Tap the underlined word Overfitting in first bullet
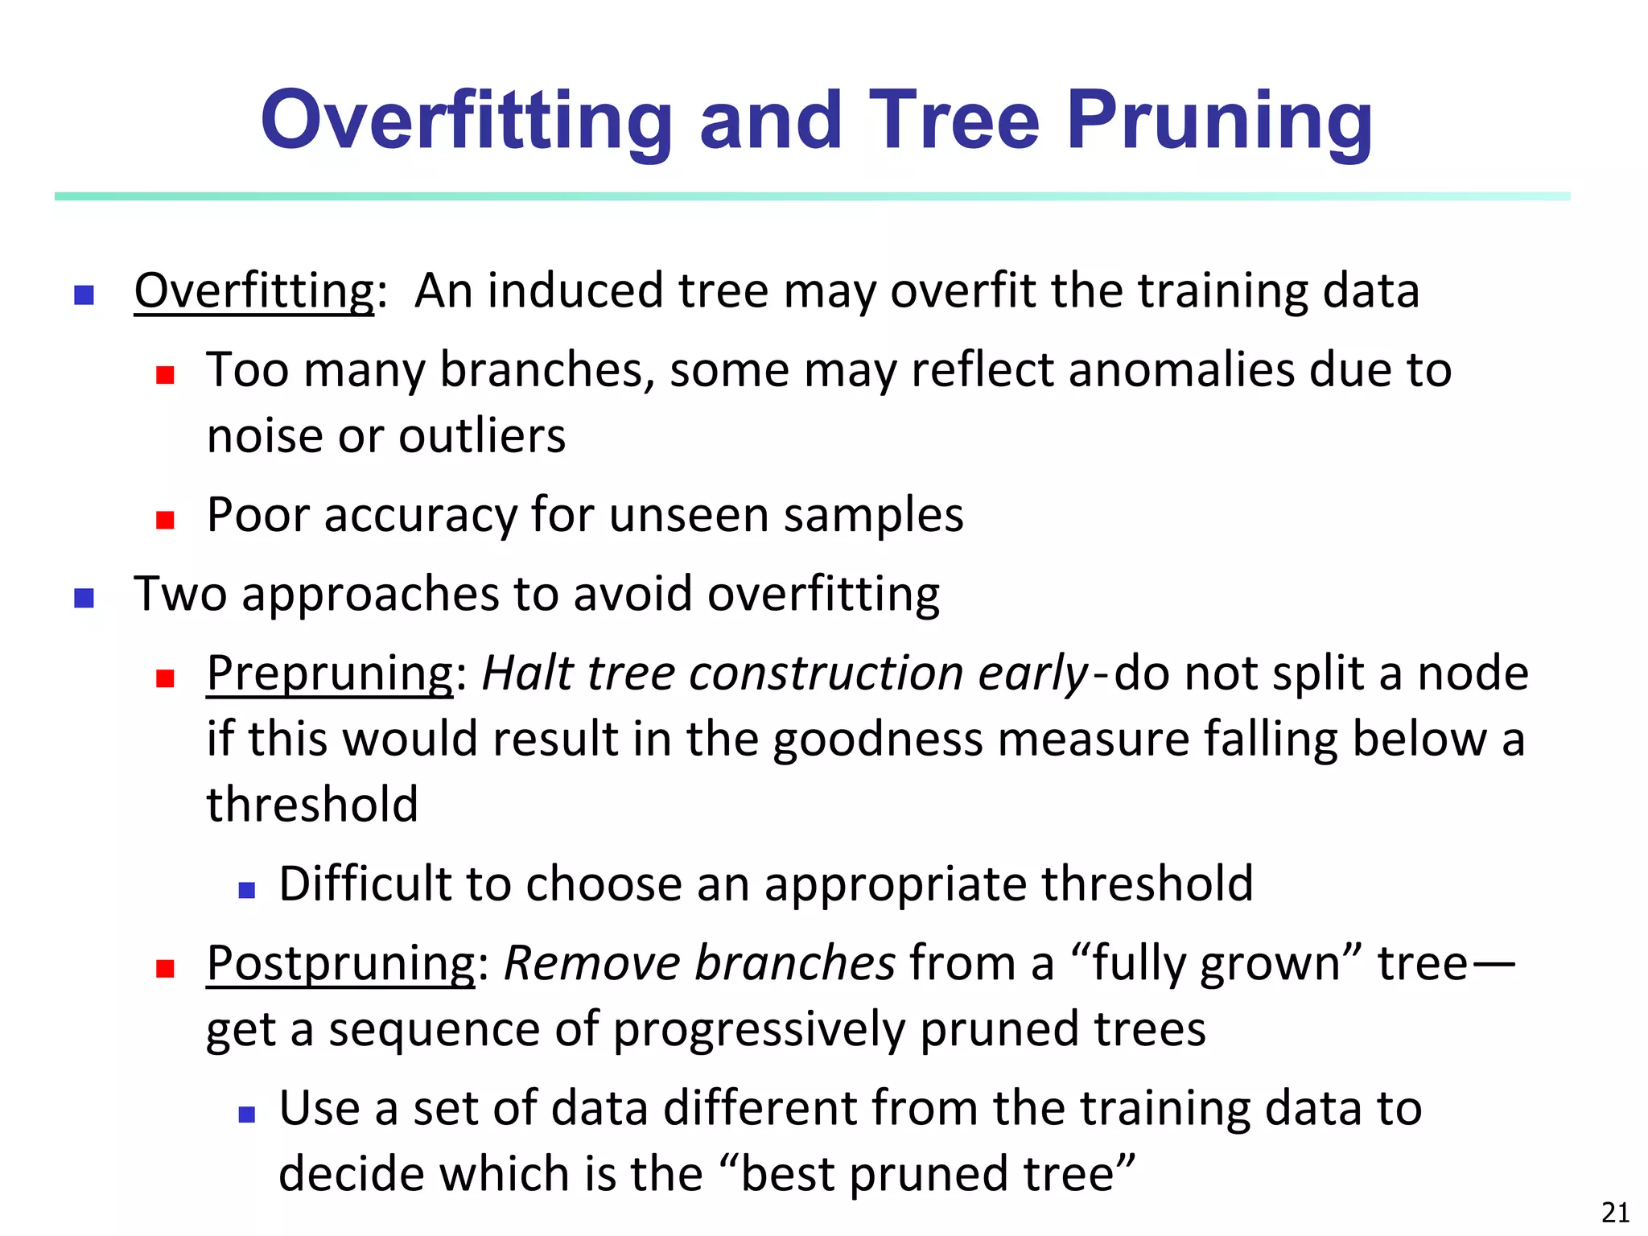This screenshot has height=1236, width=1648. click(x=254, y=290)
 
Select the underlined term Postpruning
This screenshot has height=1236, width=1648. click(x=341, y=962)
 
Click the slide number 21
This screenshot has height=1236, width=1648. click(x=1615, y=1212)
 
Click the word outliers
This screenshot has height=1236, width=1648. click(x=482, y=436)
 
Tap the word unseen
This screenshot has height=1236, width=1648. click(x=689, y=515)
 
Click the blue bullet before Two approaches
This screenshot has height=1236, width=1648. click(x=84, y=598)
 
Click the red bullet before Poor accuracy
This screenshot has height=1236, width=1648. click(x=166, y=520)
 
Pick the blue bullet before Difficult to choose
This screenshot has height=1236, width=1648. click(x=247, y=890)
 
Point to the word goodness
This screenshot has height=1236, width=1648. click(x=877, y=739)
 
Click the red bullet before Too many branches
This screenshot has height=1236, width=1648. click(x=166, y=375)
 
